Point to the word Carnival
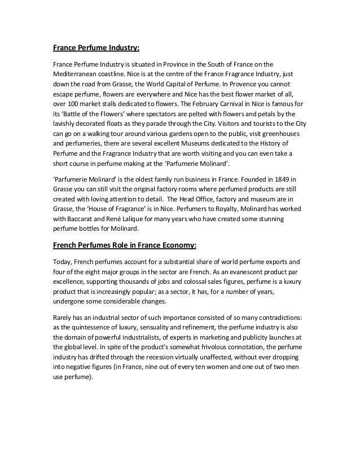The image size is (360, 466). [240, 104]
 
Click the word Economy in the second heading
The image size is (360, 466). [171, 245]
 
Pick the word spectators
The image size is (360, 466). [148, 114]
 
